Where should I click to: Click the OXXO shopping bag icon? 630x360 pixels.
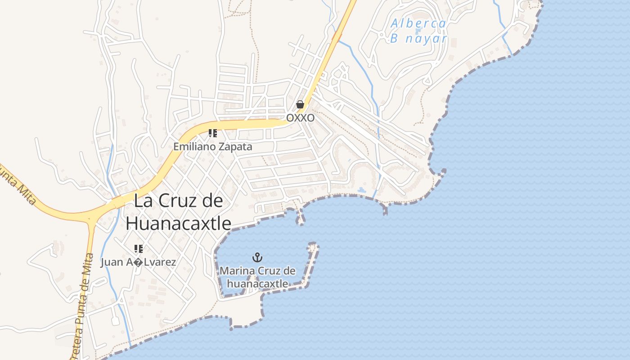point(300,105)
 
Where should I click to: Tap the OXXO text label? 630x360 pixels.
point(300,117)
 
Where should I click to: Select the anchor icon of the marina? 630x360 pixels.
point(257,257)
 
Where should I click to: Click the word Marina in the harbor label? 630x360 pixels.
point(237,271)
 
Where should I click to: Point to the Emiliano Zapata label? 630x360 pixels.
point(213,147)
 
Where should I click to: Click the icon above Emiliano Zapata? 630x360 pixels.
point(213,133)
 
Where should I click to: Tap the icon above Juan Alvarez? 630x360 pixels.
point(138,248)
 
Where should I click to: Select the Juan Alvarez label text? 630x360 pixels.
point(138,262)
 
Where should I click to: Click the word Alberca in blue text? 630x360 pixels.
point(418,23)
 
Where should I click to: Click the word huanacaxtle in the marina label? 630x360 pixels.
point(257,283)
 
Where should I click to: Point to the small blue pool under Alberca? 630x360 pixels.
point(418,31)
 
